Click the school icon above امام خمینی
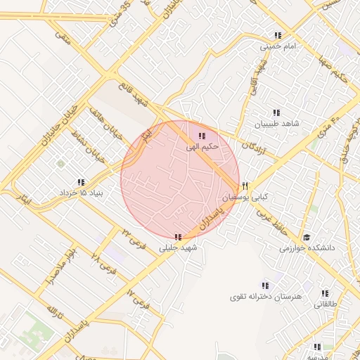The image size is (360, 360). pyautogui.click(x=278, y=35)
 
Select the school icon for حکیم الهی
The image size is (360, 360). pyautogui.click(x=202, y=136)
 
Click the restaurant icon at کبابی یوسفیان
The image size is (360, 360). pyautogui.click(x=245, y=186)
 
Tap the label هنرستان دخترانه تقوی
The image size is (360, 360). pyautogui.click(x=265, y=297)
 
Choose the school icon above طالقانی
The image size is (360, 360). pyautogui.click(x=325, y=293)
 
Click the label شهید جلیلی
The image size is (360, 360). pyautogui.click(x=179, y=247)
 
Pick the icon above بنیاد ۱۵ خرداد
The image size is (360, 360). pyautogui.click(x=82, y=181)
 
